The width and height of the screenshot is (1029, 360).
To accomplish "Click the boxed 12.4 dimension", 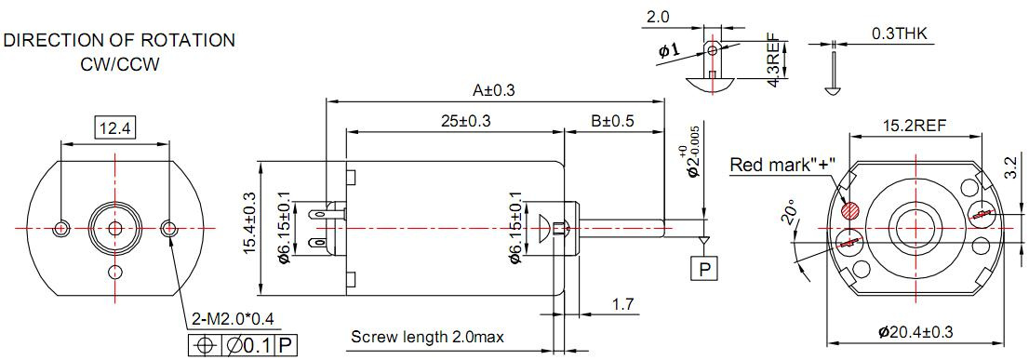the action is point(114,127).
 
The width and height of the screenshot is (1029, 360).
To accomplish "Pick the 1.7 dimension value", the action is point(622,305).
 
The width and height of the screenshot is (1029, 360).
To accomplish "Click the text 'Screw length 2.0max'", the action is point(427,338).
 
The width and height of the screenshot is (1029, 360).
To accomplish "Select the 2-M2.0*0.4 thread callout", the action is point(233,321).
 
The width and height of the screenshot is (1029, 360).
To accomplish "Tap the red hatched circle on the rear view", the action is point(850,210).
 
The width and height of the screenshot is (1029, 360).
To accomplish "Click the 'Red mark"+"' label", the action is point(782,164).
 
